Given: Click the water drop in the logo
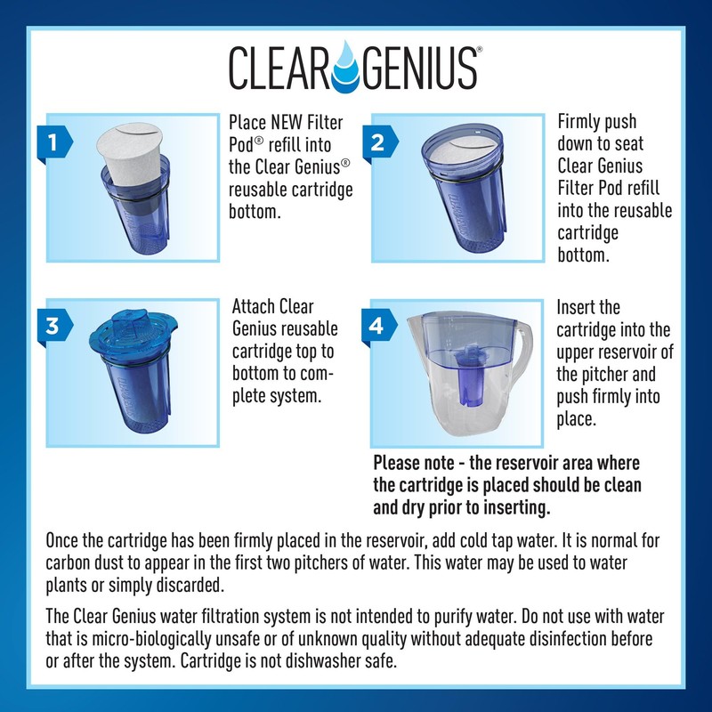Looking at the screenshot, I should pyautogui.click(x=355, y=67).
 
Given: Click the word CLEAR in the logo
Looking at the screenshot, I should pyautogui.click(x=285, y=67).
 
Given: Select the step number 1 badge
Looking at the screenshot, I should pyautogui.click(x=54, y=141).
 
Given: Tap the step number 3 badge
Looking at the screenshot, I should pyautogui.click(x=54, y=325).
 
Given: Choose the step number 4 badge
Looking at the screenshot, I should pyautogui.click(x=376, y=325).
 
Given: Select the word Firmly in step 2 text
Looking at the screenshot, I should pyautogui.click(x=583, y=122).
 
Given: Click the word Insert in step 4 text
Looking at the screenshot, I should pyautogui.click(x=579, y=307).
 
